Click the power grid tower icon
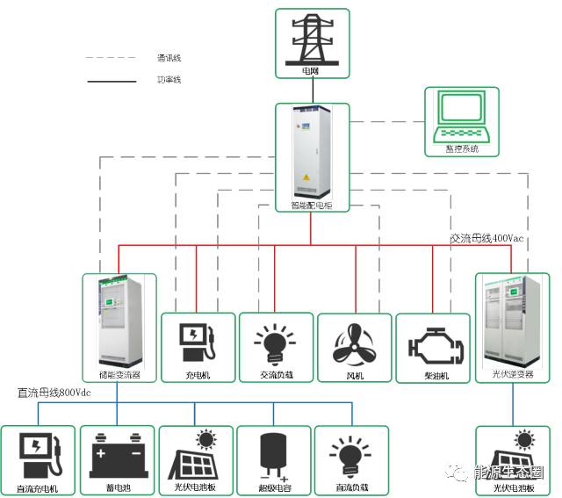(312, 38)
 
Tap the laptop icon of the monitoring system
(461, 117)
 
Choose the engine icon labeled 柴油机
(434, 345)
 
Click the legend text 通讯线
(169, 58)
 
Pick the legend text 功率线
(169, 80)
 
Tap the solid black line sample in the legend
(111, 81)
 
